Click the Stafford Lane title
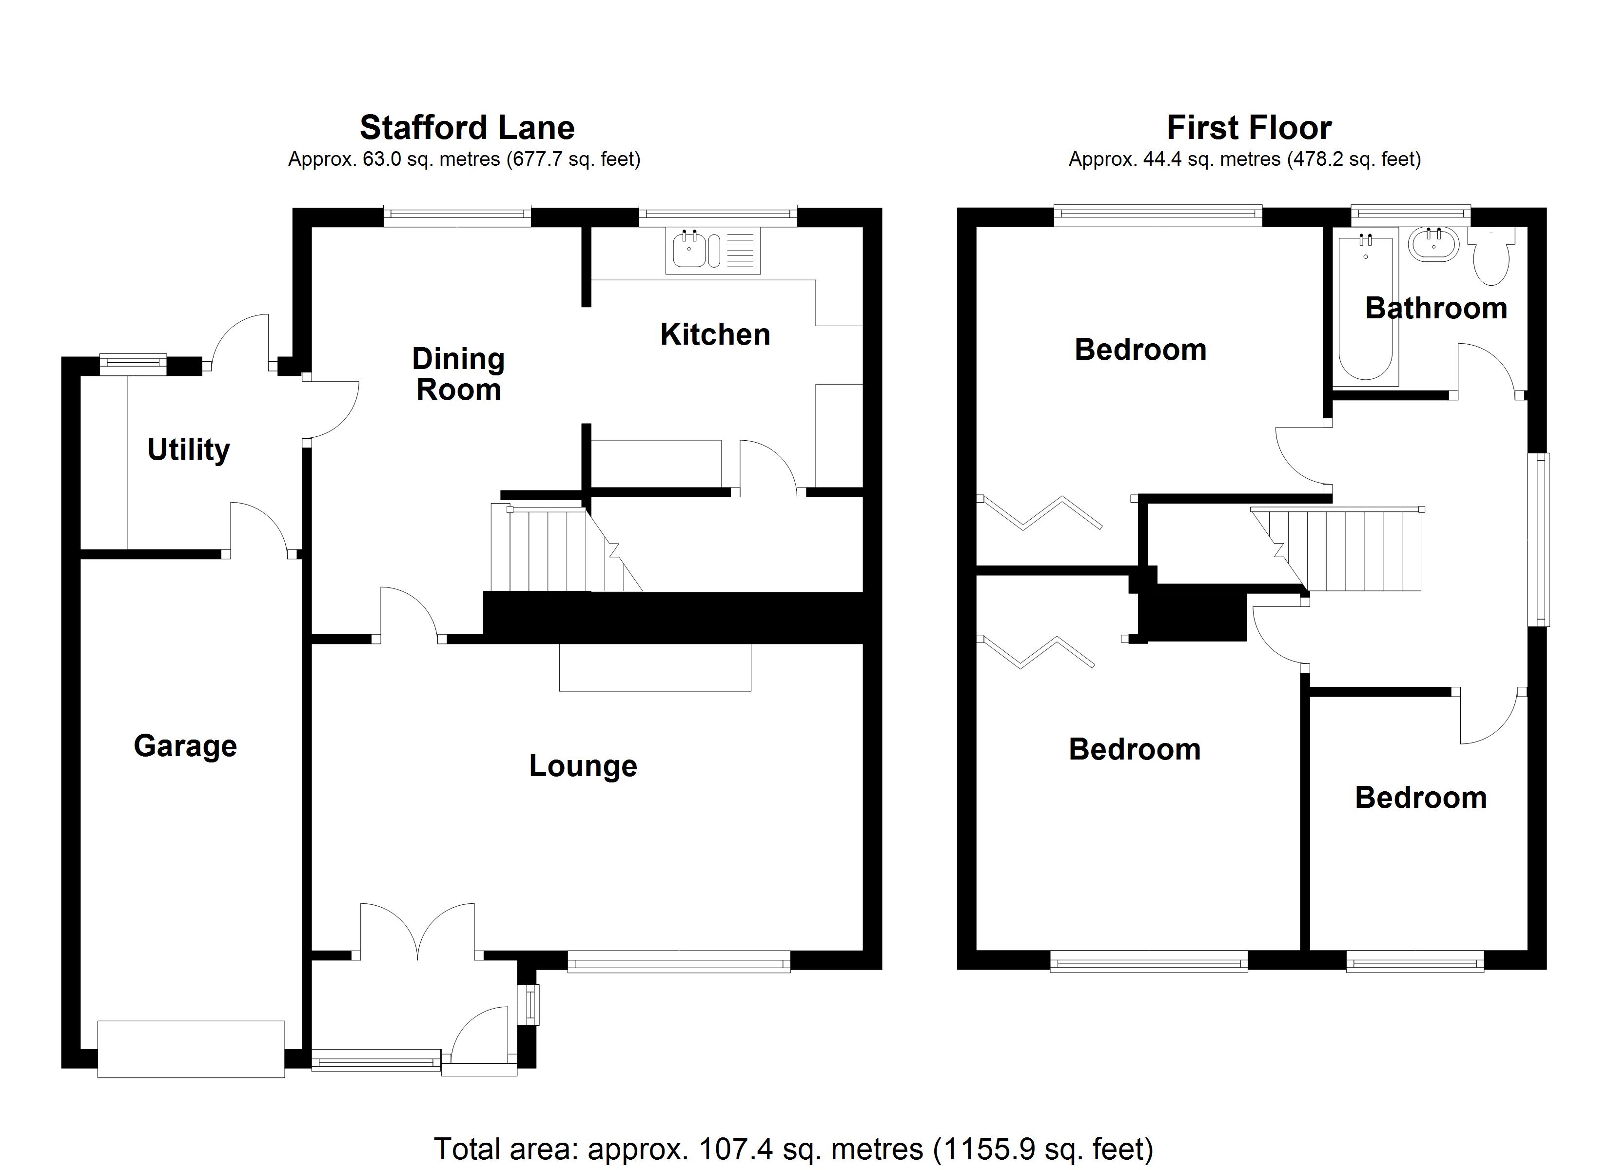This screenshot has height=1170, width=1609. [x=467, y=128]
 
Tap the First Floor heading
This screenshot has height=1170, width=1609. [x=1249, y=128]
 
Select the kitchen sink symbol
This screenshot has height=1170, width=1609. [x=712, y=251]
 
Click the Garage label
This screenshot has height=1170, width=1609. [x=185, y=746]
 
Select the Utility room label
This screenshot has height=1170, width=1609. [x=189, y=449]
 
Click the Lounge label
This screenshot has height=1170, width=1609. [x=583, y=765]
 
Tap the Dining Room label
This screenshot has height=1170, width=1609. [x=458, y=374]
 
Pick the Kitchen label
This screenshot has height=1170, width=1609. [x=715, y=334]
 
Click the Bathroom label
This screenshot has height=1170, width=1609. [x=1436, y=308]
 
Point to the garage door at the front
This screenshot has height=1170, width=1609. [x=191, y=1049]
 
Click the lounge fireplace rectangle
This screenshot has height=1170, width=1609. [x=655, y=667]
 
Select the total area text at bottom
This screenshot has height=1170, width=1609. [x=793, y=1148]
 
